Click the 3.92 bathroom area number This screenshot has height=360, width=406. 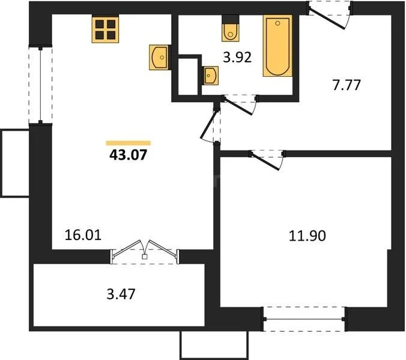pos(237,58)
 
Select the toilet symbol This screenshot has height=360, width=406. pos(231,31)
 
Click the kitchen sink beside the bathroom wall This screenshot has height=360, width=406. pos(160,58)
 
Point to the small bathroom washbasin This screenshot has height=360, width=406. pos(210,76)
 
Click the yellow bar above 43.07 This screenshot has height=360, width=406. pos(128,143)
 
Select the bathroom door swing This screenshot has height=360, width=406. pos(240,103)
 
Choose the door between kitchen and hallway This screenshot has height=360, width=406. pos(211,125)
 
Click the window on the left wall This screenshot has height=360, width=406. pos(40,85)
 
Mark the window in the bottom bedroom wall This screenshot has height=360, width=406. pos(304,318)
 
